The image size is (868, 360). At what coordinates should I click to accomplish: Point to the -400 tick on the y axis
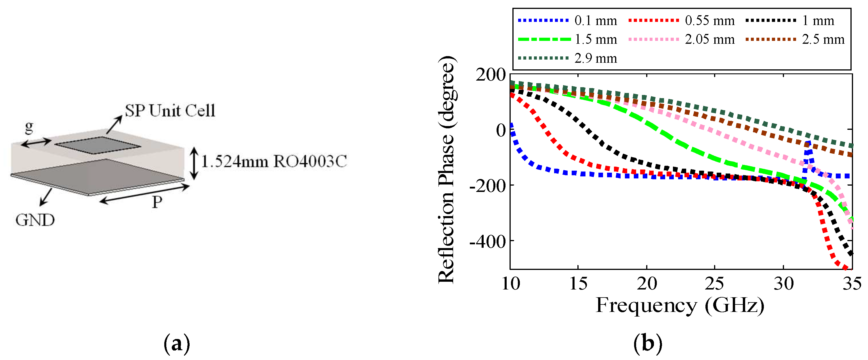pyautogui.click(x=488, y=242)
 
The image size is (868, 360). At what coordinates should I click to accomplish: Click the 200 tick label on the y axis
pyautogui.click(x=491, y=75)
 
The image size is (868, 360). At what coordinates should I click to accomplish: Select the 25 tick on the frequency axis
pyautogui.click(x=714, y=283)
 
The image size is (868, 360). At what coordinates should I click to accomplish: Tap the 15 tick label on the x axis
pyautogui.click(x=578, y=283)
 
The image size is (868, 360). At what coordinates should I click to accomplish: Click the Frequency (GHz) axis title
pyautogui.click(x=680, y=306)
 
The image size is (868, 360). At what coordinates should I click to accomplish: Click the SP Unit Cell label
pyautogui.click(x=170, y=111)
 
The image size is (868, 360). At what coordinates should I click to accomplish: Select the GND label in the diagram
pyautogui.click(x=35, y=220)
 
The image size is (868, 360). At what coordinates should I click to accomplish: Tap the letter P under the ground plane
pyautogui.click(x=157, y=202)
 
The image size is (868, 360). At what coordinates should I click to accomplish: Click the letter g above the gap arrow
pyautogui.click(x=29, y=127)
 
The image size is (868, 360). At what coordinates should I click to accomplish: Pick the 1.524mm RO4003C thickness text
pyautogui.click(x=274, y=161)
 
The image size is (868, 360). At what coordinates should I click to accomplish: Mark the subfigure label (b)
pyautogui.click(x=648, y=344)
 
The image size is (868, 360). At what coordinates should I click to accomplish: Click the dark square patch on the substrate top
pyautogui.click(x=98, y=145)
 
